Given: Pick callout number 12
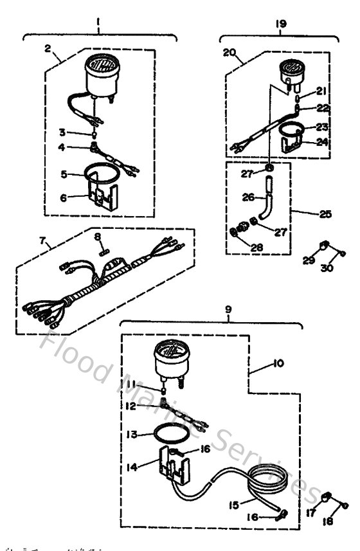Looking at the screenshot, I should (x=131, y=406).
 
